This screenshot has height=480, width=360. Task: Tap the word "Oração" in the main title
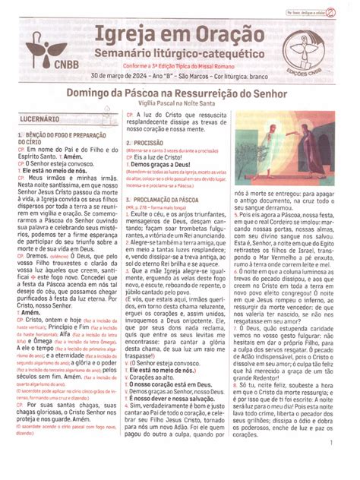(x=227, y=35)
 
